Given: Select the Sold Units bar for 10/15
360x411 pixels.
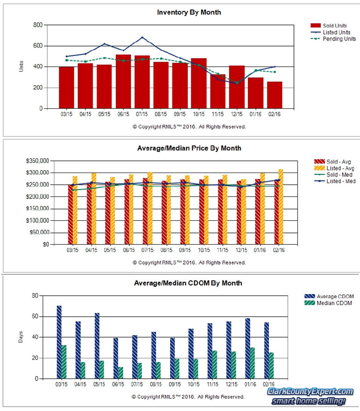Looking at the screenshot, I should tap(199, 83).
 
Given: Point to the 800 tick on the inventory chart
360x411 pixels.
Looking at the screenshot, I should tap(38, 25).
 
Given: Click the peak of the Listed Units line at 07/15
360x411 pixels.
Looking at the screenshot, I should tap(143, 38).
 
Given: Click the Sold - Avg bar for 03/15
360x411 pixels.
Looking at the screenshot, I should tap(71, 214).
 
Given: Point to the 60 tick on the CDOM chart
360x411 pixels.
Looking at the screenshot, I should tap(39, 317).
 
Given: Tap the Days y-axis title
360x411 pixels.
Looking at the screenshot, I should tap(21, 337).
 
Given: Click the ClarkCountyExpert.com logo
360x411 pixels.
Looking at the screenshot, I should tap(310, 395).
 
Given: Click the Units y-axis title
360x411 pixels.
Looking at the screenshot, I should tap(21, 67).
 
